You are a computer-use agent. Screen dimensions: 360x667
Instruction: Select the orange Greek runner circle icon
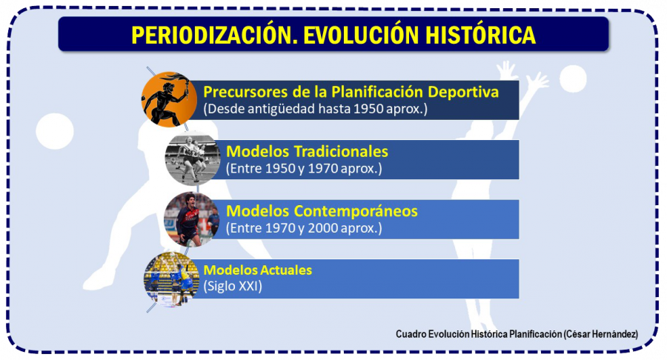(x=167, y=99)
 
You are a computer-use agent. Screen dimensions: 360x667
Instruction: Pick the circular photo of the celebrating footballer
(x=191, y=219)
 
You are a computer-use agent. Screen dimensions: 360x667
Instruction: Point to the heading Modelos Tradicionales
(x=307, y=151)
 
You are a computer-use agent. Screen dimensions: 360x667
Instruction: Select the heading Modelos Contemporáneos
(x=322, y=211)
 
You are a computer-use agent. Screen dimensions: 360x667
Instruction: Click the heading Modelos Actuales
(x=257, y=270)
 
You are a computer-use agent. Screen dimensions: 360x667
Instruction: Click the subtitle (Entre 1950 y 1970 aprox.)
(x=304, y=169)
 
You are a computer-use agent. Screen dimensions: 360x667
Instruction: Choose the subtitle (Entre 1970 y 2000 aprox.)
(x=304, y=228)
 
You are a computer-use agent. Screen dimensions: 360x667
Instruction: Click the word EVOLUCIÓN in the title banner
(x=363, y=35)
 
